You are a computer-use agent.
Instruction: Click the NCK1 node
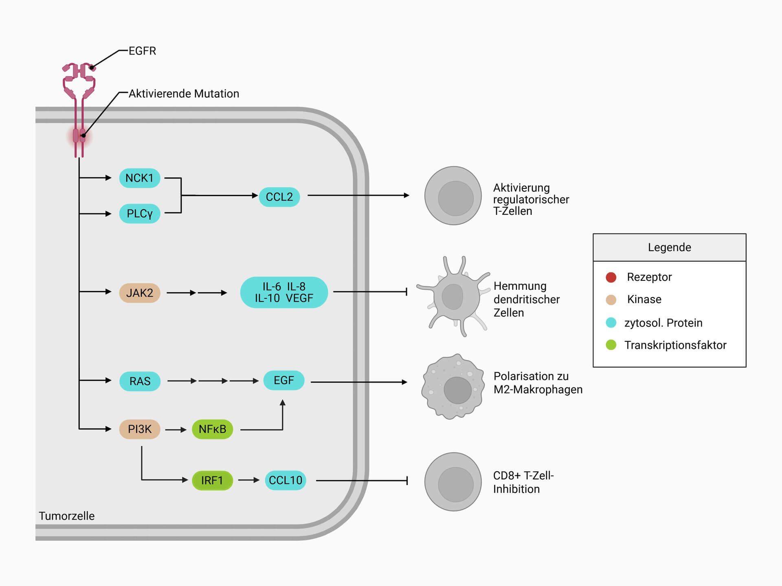[x=139, y=178]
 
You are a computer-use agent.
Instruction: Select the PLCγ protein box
[x=139, y=213]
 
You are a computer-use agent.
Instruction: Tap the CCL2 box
[x=279, y=197]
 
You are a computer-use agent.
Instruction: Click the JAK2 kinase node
[x=139, y=293]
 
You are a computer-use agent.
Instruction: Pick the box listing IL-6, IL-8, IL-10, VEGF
[x=284, y=292]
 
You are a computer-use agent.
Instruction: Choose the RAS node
[x=140, y=381]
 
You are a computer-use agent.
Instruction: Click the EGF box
[x=283, y=380]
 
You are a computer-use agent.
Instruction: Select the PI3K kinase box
[x=139, y=429]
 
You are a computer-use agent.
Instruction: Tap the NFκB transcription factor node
[x=212, y=429]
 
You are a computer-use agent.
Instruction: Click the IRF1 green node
[x=212, y=480]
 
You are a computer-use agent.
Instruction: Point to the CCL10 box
[x=285, y=480]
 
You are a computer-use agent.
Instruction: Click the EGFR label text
[x=142, y=51]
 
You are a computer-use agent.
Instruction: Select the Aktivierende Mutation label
[x=184, y=94]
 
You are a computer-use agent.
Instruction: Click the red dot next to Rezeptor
[x=611, y=277]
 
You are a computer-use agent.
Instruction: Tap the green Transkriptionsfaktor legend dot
[x=611, y=345]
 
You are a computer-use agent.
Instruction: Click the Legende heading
[x=669, y=247]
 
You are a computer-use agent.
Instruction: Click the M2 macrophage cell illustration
[x=453, y=387]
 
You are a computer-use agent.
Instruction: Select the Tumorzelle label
[x=66, y=516]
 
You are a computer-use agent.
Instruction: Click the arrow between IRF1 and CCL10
[x=249, y=480]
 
